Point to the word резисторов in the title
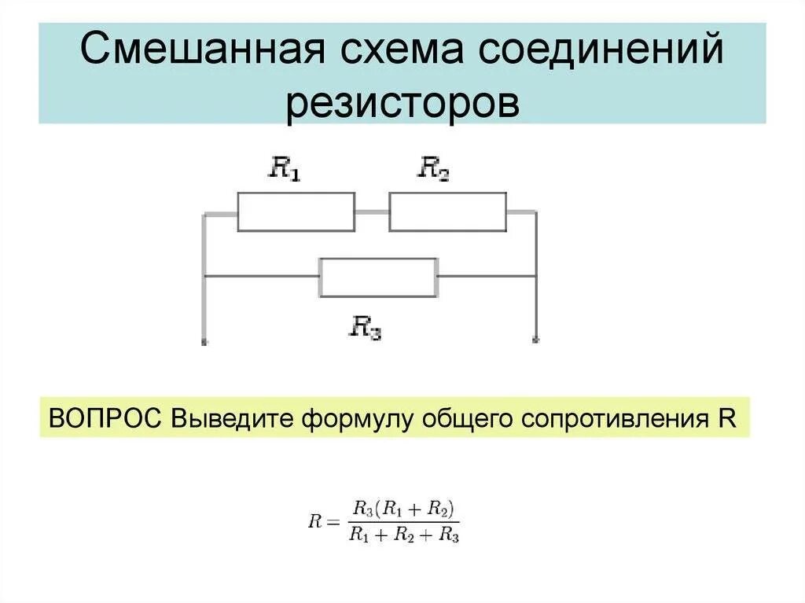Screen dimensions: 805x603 402,104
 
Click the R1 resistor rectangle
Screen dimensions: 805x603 296,212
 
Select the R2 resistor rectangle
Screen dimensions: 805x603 448,212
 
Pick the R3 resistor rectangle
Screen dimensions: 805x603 378,277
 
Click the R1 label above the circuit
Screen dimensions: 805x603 285,168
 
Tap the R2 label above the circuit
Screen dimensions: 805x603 433,168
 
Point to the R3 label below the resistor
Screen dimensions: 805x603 365,326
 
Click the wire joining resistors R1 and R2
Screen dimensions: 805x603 372,212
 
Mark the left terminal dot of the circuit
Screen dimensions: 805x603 204,342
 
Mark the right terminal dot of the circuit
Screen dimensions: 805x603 536,341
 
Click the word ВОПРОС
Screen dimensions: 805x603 105,417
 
